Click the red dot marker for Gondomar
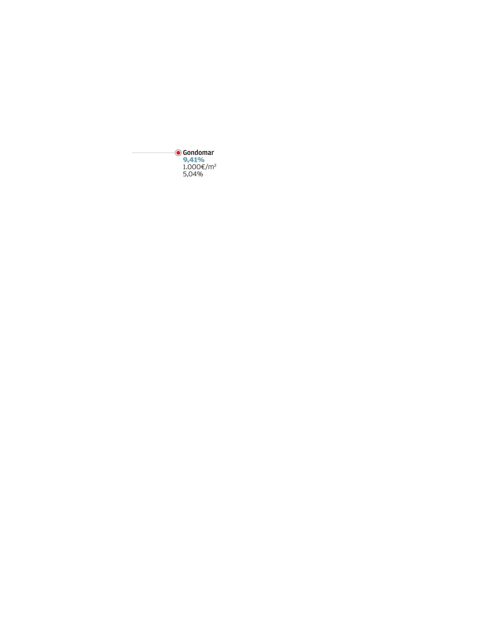pos(178,153)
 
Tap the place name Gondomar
pos(198,153)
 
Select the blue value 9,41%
pos(194,160)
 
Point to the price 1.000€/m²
pos(200,167)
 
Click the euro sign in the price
pos(203,167)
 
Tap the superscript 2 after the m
pos(215,165)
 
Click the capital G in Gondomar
pos(185,153)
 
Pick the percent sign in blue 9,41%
pos(201,160)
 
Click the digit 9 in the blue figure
pos(185,160)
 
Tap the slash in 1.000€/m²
pos(207,167)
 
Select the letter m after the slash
pos(211,167)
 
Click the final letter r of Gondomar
pos(213,153)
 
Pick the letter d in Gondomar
pos(197,153)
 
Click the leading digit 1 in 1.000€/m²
pos(184,167)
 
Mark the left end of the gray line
pos(132,153)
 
